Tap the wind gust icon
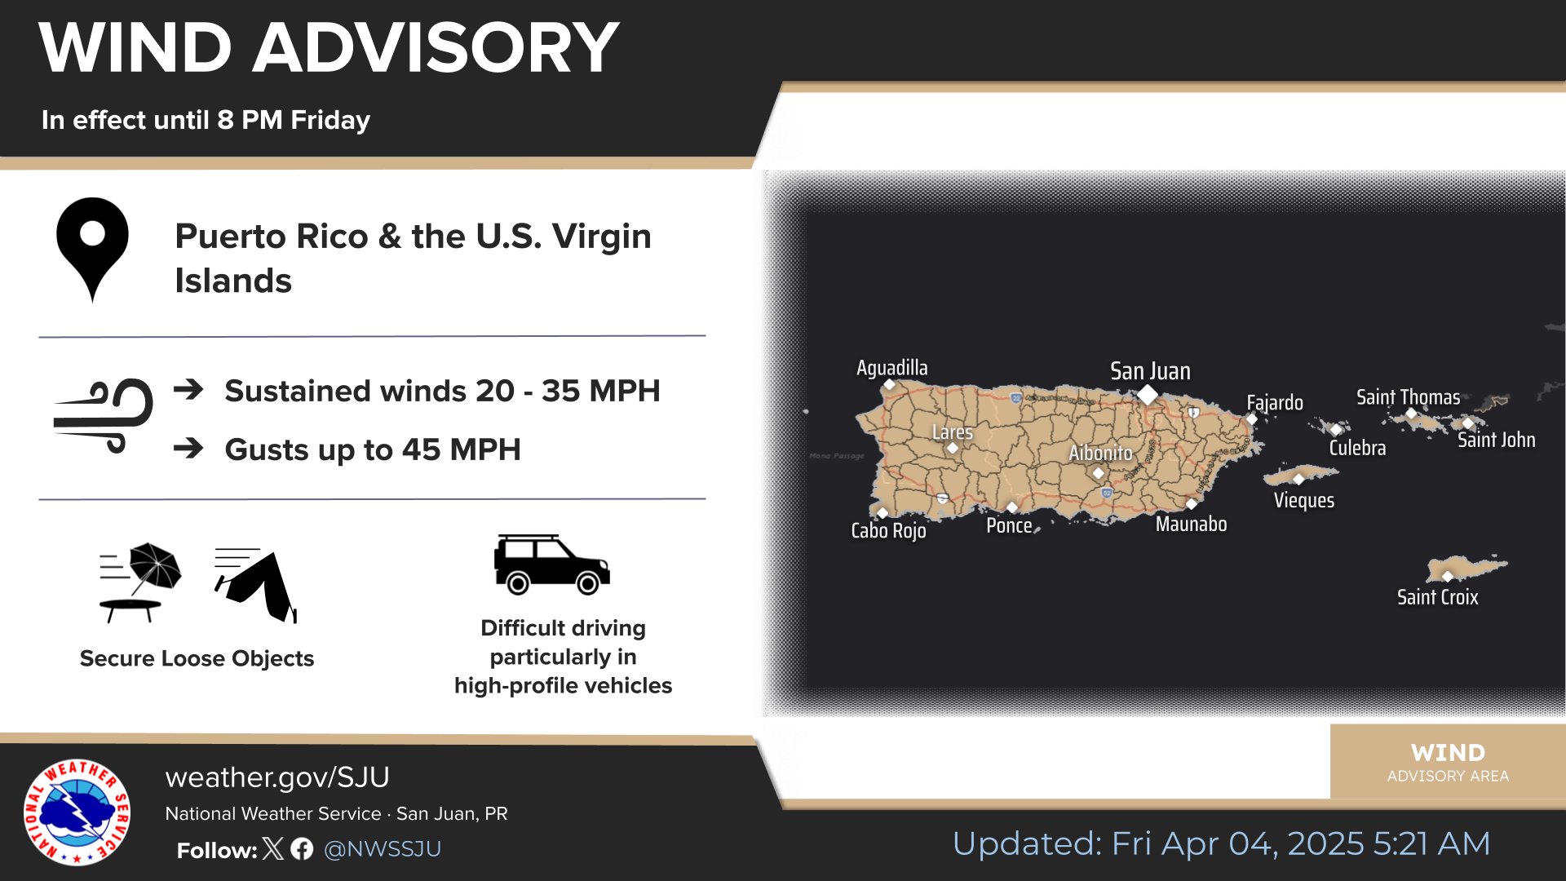tap(104, 415)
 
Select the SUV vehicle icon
tap(552, 564)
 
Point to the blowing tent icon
tap(256, 585)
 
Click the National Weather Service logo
tap(77, 812)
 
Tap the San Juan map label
tap(1150, 372)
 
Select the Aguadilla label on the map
tap(891, 368)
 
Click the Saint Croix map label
tap(1437, 597)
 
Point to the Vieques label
tap(1304, 500)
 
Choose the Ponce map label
tap(1009, 525)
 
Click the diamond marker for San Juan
tap(1148, 395)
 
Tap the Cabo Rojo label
tap(888, 531)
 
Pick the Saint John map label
tap(1496, 440)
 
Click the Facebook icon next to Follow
tap(302, 849)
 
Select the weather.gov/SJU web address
tap(277, 777)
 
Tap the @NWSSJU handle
tap(383, 849)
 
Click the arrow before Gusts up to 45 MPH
tap(188, 448)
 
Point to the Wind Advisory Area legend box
tap(1448, 761)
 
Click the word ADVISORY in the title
tap(436, 47)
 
